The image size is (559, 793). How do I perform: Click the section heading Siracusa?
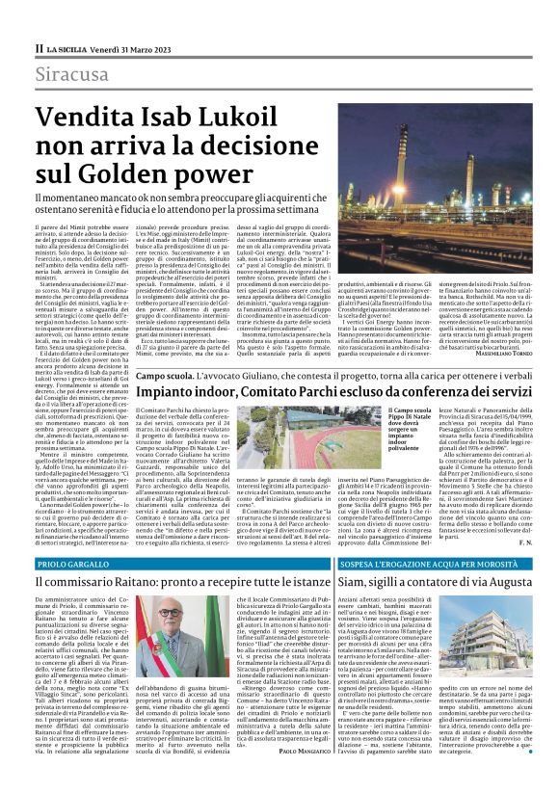(x=71, y=74)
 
